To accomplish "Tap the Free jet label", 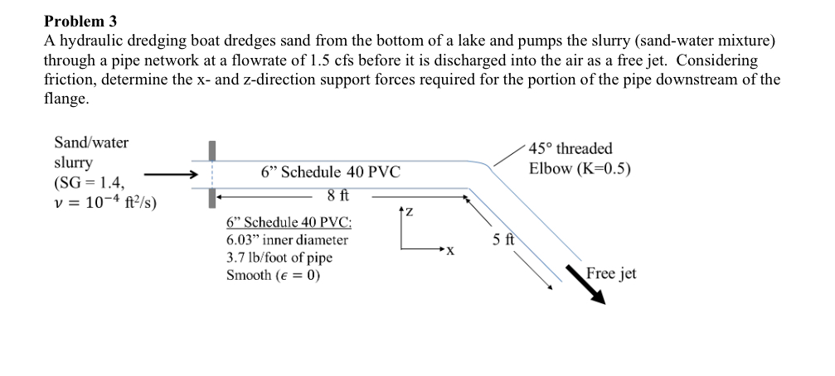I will click(x=611, y=272).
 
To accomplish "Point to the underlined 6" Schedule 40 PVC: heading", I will click(x=289, y=223).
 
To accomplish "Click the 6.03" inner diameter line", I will click(x=287, y=240).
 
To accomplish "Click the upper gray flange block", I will click(x=212, y=151).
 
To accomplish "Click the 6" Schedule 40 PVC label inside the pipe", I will click(x=330, y=172).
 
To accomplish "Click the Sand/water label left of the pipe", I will click(x=91, y=142).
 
